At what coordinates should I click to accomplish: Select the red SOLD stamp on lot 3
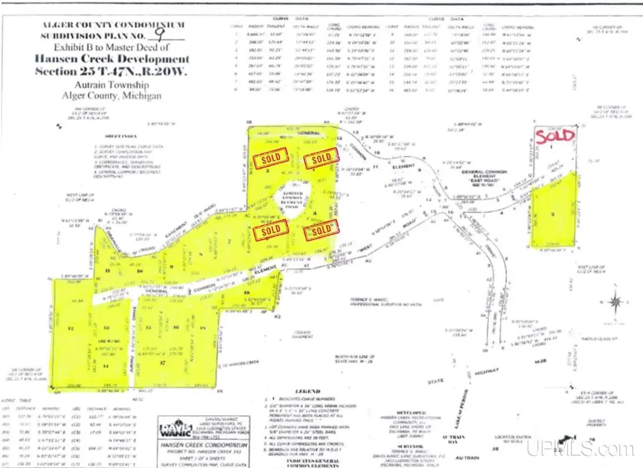tap(271, 160)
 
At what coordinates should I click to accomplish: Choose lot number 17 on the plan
tap(162, 362)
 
